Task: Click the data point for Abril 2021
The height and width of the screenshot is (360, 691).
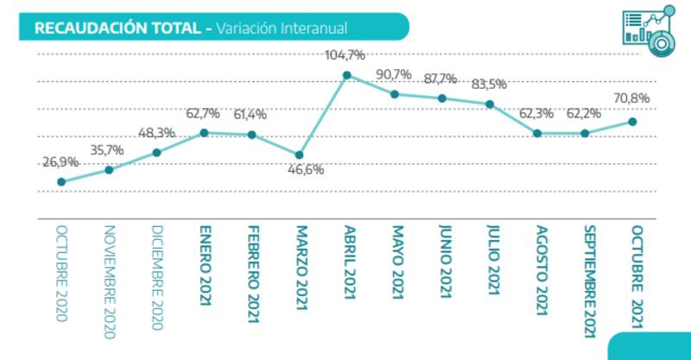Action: pyautogui.click(x=346, y=75)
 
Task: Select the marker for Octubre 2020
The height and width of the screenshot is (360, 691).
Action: pyautogui.click(x=61, y=181)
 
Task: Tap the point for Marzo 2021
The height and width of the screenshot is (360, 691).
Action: pyautogui.click(x=299, y=155)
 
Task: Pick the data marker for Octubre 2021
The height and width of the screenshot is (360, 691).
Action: pyautogui.click(x=632, y=122)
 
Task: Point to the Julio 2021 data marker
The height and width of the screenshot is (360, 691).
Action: pyautogui.click(x=490, y=104)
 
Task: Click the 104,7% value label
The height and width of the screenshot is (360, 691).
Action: pyautogui.click(x=345, y=55)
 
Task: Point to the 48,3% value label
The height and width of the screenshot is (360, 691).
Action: pyautogui.click(x=156, y=132)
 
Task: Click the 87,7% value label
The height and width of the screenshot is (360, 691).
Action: pyautogui.click(x=441, y=79)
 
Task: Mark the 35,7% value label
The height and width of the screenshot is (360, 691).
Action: pyautogui.click(x=109, y=149)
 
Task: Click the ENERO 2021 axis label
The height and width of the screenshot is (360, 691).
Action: pyautogui.click(x=205, y=272)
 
